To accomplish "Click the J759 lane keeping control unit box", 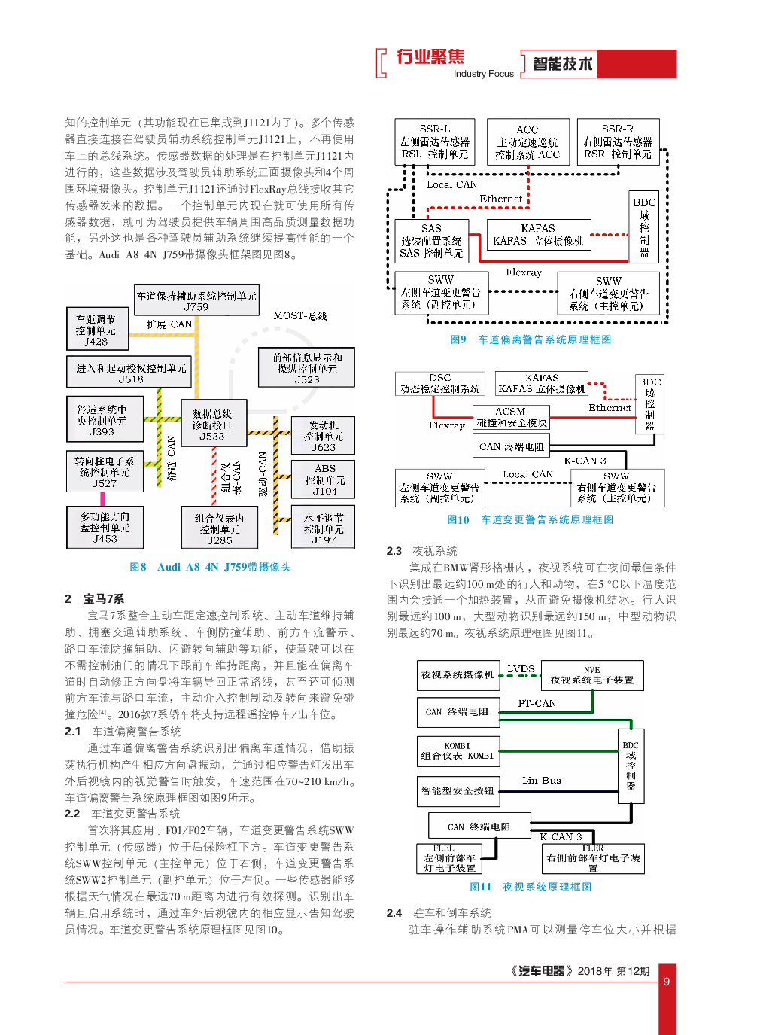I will (196, 300).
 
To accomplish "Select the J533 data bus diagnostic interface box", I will (213, 425).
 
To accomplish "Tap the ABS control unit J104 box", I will (324, 479).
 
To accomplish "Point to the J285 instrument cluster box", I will (219, 528).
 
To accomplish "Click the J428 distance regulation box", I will (96, 330).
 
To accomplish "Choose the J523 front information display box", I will (306, 368).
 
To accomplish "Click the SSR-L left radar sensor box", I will (435, 142).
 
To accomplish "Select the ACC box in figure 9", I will (527, 142).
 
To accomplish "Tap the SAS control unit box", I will (432, 241).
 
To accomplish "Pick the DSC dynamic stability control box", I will (440, 384).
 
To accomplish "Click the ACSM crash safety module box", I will (511, 417).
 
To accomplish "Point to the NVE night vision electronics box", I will (592, 675).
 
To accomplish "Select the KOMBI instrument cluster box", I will (458, 750).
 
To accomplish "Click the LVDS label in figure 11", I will (521, 668).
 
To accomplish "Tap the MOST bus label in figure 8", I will (300, 316).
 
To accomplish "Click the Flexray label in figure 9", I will (524, 272).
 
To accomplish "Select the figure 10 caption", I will (531, 519).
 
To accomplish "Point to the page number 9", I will (666, 982).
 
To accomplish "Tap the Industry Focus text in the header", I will (484, 74).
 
